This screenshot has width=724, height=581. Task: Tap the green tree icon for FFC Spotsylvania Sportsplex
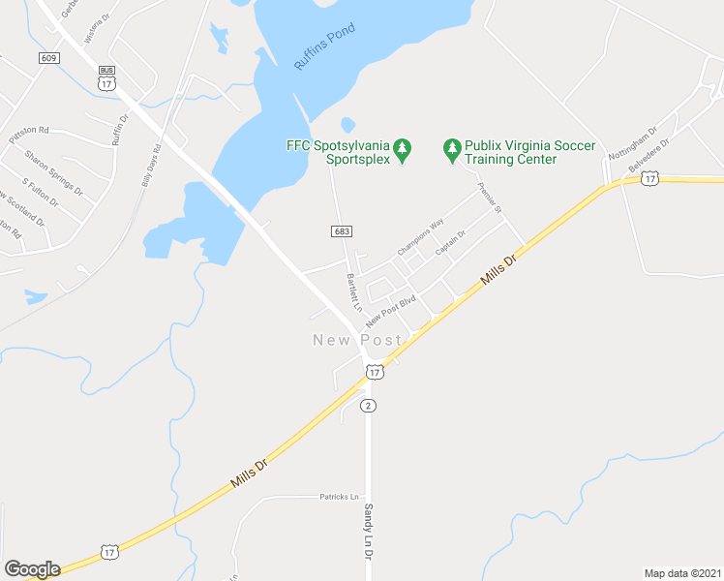pyautogui.click(x=404, y=151)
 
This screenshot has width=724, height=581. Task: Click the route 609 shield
pyautogui.click(x=49, y=58)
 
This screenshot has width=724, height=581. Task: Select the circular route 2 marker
pyautogui.click(x=368, y=406)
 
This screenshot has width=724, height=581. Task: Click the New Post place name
pyautogui.click(x=357, y=340)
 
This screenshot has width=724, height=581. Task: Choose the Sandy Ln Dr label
pyautogui.click(x=368, y=528)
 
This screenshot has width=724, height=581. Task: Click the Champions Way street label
pyautogui.click(x=420, y=238)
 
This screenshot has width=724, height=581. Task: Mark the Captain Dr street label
pyautogui.click(x=451, y=242)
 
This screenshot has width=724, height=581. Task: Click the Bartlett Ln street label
pyautogui.click(x=353, y=291)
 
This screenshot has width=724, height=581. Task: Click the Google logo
pyautogui.click(x=32, y=569)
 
